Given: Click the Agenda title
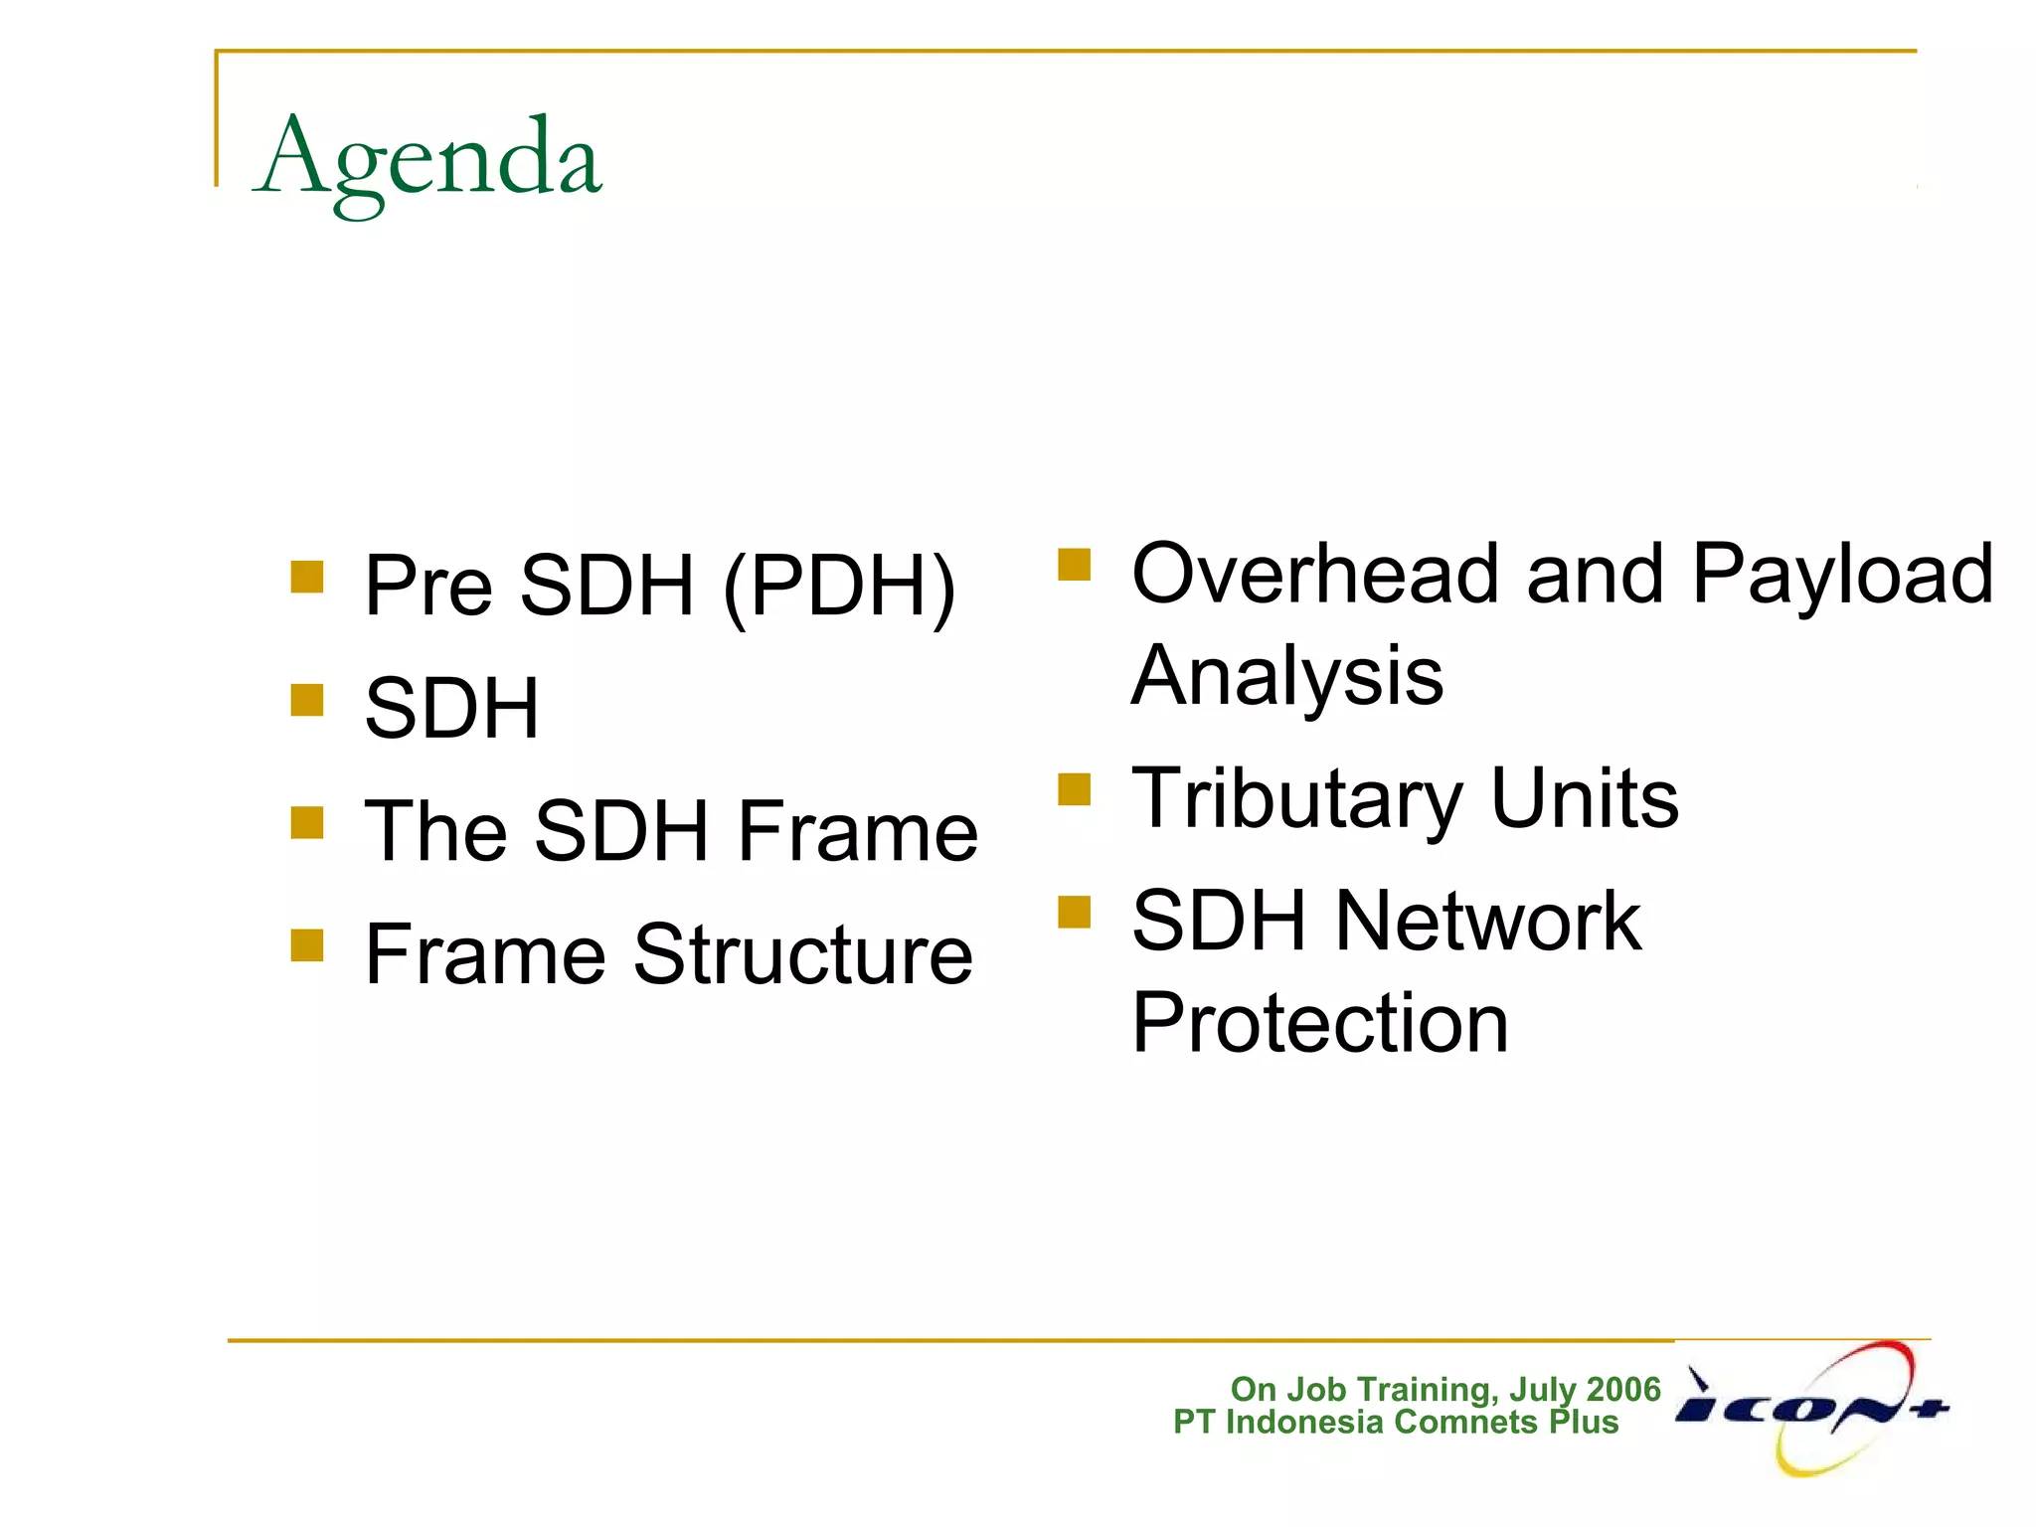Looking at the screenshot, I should [x=427, y=159].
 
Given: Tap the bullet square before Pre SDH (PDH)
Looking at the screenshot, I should [x=307, y=578].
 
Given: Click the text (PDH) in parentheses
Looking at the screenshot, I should [x=839, y=587].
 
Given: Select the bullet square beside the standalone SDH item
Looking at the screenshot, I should [x=307, y=700].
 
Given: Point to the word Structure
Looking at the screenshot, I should [x=802, y=955].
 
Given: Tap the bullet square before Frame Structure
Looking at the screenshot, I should [x=307, y=945].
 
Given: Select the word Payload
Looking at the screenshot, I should [x=1842, y=577].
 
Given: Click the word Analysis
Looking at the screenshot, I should [x=1287, y=676].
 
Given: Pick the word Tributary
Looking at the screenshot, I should [x=1296, y=800].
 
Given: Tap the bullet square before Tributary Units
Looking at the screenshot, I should [x=1075, y=790].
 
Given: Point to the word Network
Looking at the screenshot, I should [x=1487, y=922].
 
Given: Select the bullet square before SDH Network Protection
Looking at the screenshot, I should [x=1075, y=912].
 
